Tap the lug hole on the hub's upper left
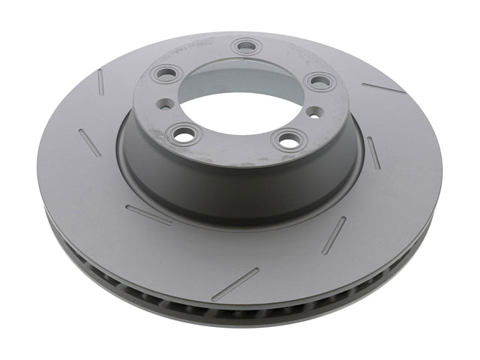163,73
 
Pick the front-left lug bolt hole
181,135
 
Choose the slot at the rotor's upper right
383,88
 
